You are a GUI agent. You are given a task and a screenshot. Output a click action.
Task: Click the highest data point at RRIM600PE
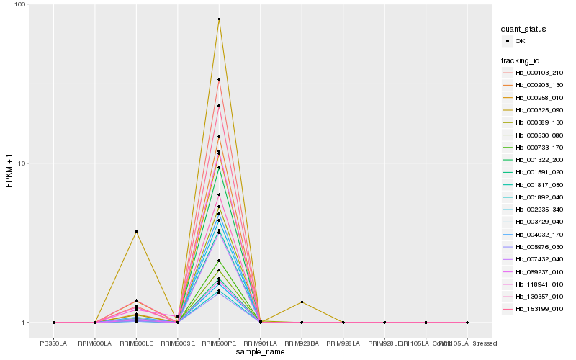219,19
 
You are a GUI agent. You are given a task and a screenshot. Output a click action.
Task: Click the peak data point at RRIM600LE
136,232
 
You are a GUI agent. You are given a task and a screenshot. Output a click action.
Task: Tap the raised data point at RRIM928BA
302,302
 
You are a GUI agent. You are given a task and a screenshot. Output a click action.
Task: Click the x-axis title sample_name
260,352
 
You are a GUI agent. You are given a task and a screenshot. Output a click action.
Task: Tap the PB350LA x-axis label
54,343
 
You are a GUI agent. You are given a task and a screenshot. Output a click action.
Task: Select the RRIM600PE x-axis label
219,343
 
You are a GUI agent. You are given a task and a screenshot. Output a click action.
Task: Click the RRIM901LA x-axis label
260,343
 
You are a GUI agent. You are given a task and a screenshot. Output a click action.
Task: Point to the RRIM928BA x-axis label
302,343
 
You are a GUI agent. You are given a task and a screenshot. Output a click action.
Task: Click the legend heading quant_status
523,29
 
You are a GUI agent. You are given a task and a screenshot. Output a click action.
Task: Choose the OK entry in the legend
520,41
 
